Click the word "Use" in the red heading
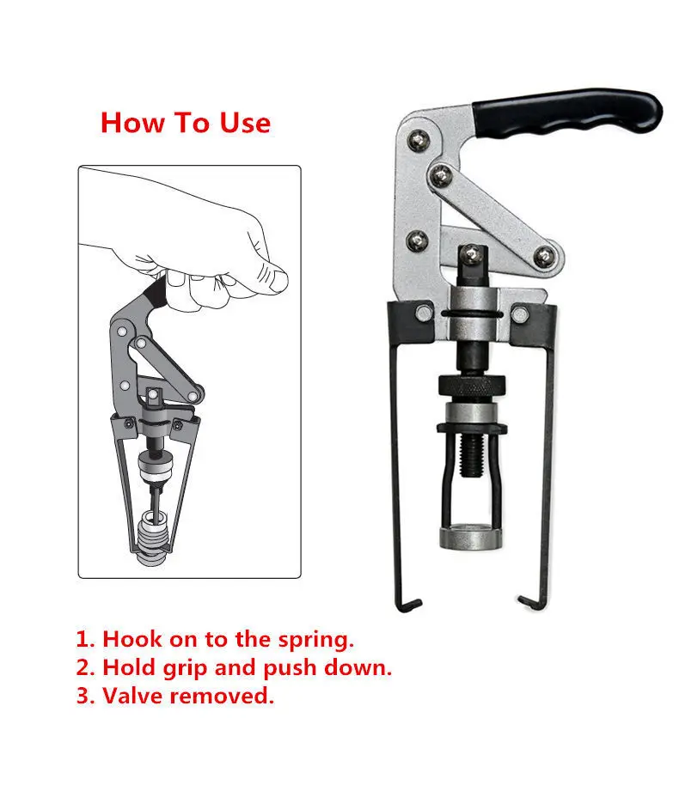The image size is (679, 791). pyautogui.click(x=245, y=123)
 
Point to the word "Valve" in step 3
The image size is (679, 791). pyautogui.click(x=132, y=696)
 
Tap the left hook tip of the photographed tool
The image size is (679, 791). pyautogui.click(x=415, y=603)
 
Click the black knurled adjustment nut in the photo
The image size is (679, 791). pyautogui.click(x=472, y=386)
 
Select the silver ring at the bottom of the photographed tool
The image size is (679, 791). pyautogui.click(x=471, y=538)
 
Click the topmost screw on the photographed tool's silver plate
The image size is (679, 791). pyautogui.click(x=419, y=140)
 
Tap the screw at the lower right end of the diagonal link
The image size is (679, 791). pyautogui.click(x=544, y=257)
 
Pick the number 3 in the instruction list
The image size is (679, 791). pyautogui.click(x=83, y=696)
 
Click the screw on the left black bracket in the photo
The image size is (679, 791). pyautogui.click(x=424, y=313)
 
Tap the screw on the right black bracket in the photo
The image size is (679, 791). pyautogui.click(x=519, y=313)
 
